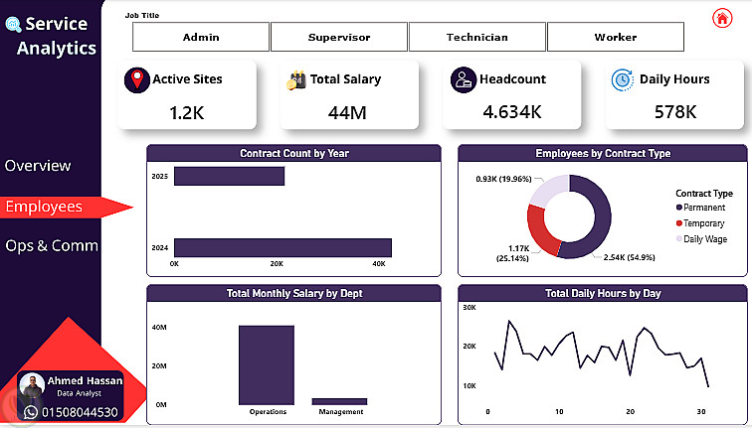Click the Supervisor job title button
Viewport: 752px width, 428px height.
tap(339, 37)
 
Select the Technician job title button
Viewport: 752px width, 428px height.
tap(477, 37)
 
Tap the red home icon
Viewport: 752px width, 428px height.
tap(722, 18)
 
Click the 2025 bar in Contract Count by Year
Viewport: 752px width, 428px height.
tap(229, 176)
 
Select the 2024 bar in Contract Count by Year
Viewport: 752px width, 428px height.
tap(282, 248)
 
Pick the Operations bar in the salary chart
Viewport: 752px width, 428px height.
tap(267, 365)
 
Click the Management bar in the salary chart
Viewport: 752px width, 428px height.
tap(339, 401)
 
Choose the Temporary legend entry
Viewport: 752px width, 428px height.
tap(700, 223)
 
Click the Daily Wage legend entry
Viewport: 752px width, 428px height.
tap(701, 239)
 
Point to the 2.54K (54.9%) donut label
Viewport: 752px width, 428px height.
tap(630, 257)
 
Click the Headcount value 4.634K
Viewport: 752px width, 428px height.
tap(512, 111)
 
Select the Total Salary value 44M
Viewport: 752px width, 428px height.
tap(347, 112)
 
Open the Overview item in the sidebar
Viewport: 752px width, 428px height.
tap(38, 166)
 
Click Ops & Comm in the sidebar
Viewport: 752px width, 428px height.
tap(52, 245)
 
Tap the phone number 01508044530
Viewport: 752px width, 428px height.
tap(80, 412)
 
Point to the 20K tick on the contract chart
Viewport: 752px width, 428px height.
tap(277, 264)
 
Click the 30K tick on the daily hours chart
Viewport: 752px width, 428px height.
tap(470, 308)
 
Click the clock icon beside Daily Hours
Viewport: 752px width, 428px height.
tap(623, 79)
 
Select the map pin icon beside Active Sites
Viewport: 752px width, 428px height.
tap(137, 80)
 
